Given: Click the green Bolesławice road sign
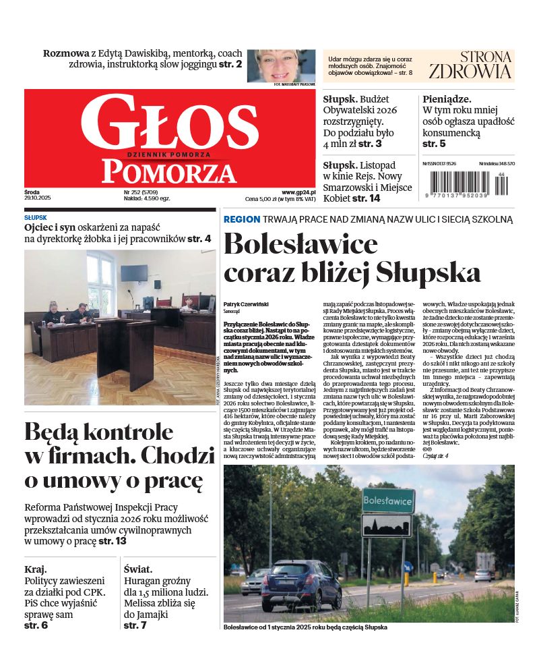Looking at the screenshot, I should (387, 501).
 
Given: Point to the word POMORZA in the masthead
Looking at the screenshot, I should (169, 172).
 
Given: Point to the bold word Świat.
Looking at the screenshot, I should (139, 569).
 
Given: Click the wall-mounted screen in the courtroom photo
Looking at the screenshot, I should (134, 273).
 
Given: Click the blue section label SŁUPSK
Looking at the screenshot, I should (36, 218).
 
